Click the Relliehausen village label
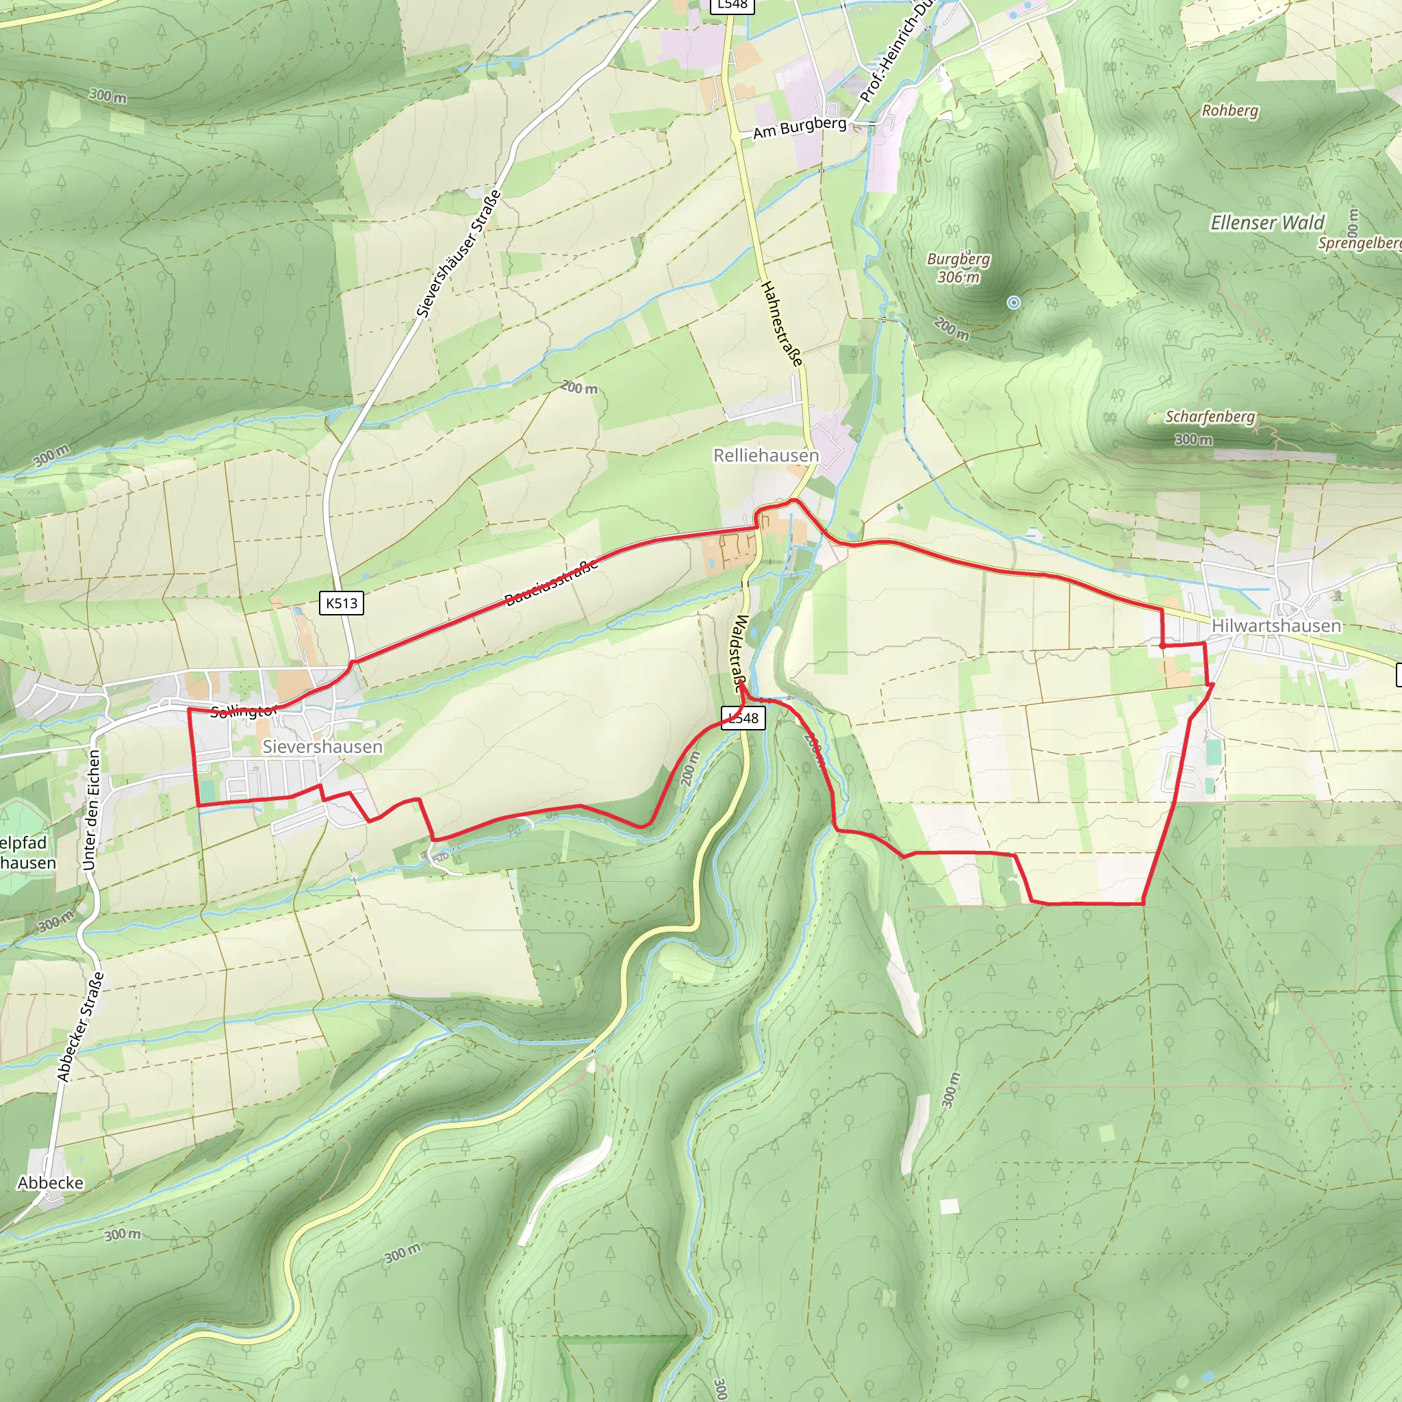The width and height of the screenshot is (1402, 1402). click(x=765, y=456)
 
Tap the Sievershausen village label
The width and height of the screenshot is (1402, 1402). click(x=322, y=747)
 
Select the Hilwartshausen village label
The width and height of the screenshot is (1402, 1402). click(x=1276, y=626)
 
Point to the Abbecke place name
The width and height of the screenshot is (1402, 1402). click(x=51, y=1183)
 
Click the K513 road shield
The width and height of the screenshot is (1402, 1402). click(x=342, y=603)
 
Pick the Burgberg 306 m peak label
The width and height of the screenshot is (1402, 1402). click(x=958, y=268)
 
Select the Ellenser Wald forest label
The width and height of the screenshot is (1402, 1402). click(x=1267, y=222)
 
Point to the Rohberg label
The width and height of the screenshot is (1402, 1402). click(x=1230, y=111)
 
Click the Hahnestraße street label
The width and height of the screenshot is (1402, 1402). click(x=782, y=324)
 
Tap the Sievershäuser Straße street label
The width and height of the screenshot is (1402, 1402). click(x=459, y=254)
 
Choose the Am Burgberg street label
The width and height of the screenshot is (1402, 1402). click(x=800, y=129)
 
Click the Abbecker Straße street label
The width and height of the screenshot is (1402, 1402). click(x=81, y=1027)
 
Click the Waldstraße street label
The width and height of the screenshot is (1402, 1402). click(x=741, y=653)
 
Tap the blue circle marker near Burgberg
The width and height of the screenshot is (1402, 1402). click(x=1014, y=302)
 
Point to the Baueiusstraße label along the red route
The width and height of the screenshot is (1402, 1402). click(x=552, y=582)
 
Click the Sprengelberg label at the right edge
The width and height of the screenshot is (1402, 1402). click(x=1359, y=243)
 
